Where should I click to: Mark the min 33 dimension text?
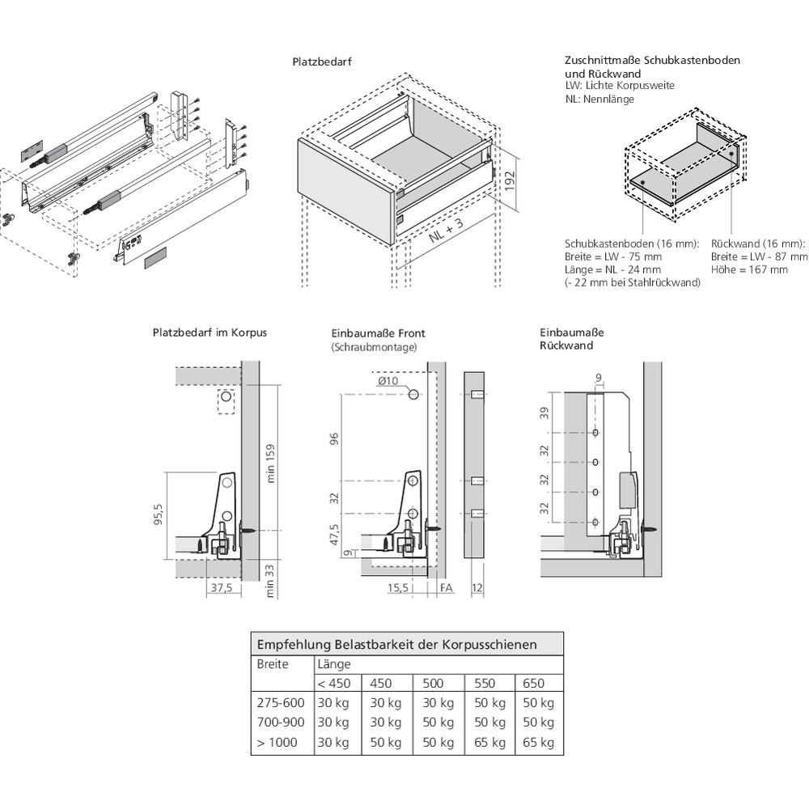(271, 580)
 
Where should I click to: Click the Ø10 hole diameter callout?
(388, 381)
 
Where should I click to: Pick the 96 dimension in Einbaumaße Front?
(335, 439)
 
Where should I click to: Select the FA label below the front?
(446, 588)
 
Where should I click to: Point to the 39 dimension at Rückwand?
(544, 413)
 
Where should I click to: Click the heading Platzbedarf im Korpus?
(209, 332)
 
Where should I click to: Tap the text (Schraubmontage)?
(374, 346)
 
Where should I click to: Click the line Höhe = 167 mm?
(749, 269)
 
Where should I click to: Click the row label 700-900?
(280, 722)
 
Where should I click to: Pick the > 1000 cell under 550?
(489, 743)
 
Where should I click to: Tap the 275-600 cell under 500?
(438, 703)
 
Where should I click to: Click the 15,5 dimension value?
(397, 588)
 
